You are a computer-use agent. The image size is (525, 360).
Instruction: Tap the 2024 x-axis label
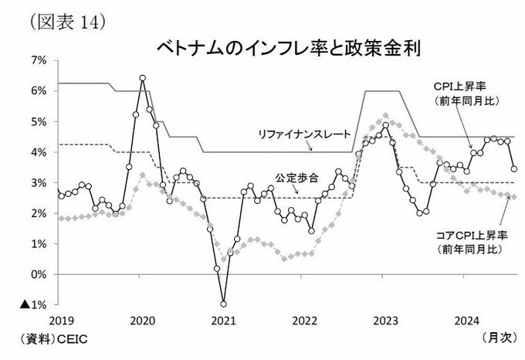pyautogui.click(x=466, y=319)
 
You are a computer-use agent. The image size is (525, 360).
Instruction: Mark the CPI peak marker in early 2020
pyautogui.click(x=143, y=78)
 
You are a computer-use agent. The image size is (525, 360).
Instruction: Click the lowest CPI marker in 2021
pyautogui.click(x=224, y=304)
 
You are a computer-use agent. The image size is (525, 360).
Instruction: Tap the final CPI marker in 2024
pyautogui.click(x=514, y=168)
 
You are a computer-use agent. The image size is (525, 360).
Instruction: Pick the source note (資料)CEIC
pyautogui.click(x=42, y=338)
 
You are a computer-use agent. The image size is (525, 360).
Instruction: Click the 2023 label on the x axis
pyautogui.click(x=386, y=319)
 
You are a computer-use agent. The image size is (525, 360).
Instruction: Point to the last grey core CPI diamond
pyautogui.click(x=514, y=197)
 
